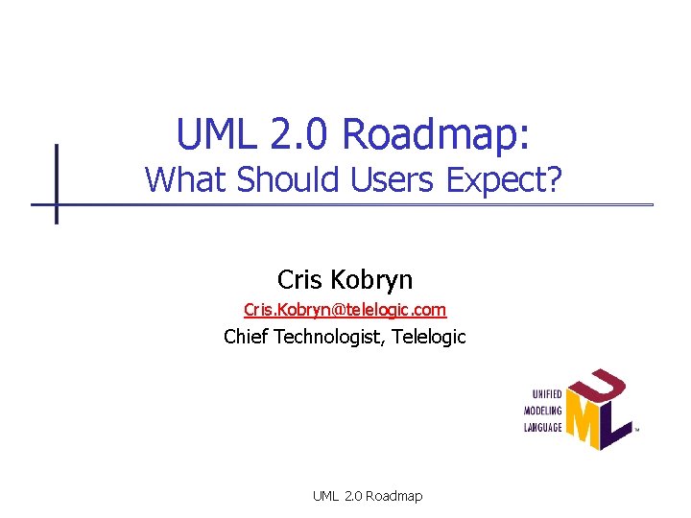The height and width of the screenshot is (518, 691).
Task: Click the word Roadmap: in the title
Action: tap(436, 135)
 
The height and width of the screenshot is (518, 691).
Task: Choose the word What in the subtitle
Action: tap(186, 179)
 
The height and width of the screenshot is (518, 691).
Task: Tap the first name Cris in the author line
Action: tap(298, 279)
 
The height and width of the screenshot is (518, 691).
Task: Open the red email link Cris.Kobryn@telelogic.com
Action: tap(345, 311)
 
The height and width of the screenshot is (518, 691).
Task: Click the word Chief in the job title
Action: tap(246, 337)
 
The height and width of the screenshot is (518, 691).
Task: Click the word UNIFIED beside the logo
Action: tap(547, 393)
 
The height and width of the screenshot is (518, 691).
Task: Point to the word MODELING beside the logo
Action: tap(543, 410)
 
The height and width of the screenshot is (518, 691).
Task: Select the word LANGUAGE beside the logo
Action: tap(543, 427)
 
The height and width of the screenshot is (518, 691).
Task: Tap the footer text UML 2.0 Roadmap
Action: tap(367, 496)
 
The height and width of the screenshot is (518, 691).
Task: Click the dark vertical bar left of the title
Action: tap(56, 183)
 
